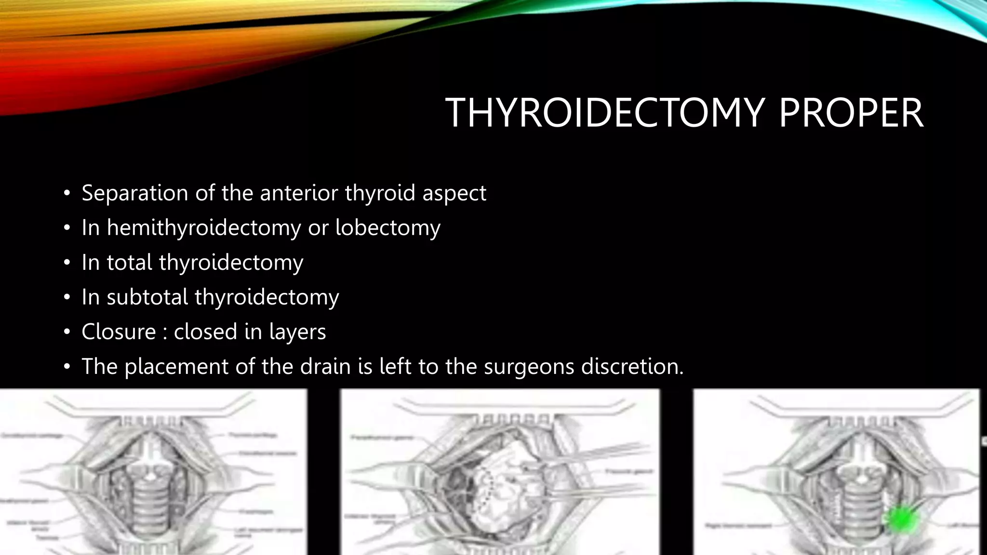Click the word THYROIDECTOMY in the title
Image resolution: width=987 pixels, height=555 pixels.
[604, 113]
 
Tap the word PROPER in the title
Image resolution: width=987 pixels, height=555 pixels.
[851, 113]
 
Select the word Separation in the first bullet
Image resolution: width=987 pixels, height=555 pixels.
[135, 193]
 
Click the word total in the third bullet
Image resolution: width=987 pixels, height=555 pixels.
[129, 263]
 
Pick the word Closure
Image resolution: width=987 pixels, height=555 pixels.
[119, 332]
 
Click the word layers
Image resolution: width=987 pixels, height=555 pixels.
[297, 332]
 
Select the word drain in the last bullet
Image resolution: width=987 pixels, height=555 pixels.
[325, 367]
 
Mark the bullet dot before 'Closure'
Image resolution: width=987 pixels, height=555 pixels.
[67, 332]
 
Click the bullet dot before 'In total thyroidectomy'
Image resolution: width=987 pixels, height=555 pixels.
[67, 263]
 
